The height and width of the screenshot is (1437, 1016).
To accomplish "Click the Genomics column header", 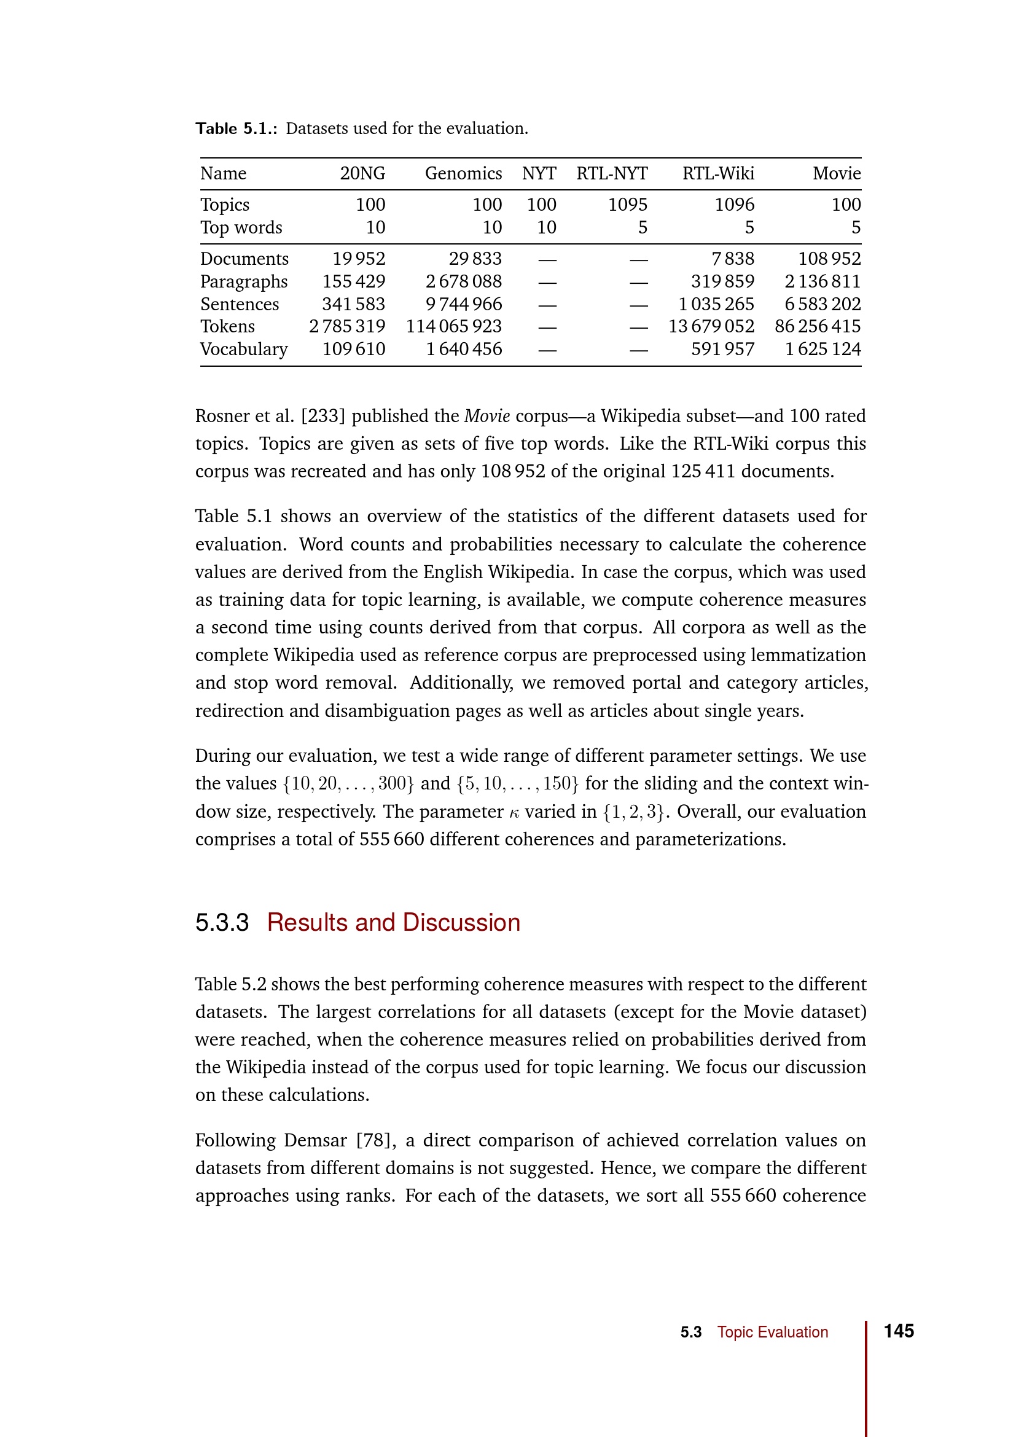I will (463, 173).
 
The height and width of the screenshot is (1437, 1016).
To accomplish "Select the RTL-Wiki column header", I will (717, 173).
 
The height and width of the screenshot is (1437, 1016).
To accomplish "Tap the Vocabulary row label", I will (243, 349).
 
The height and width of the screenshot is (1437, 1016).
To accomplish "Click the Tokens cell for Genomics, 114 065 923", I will (453, 326).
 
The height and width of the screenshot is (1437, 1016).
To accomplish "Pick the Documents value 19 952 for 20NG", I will (359, 259).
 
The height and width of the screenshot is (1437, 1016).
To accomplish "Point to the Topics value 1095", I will (628, 205).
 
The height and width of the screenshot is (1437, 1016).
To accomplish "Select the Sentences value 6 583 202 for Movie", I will (822, 304).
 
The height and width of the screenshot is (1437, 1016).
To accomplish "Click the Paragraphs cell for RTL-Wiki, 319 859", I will (722, 281).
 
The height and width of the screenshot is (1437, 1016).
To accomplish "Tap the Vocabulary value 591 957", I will (722, 349).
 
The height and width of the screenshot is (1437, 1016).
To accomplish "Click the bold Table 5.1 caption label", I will (236, 129).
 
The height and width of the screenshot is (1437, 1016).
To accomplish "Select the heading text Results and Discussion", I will (394, 923).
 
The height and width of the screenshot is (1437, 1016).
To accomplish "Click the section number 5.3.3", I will (222, 923).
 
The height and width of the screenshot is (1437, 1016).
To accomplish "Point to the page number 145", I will (899, 1331).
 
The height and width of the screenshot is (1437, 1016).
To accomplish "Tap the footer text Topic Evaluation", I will (772, 1333).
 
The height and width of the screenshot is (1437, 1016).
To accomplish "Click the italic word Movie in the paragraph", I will (487, 416).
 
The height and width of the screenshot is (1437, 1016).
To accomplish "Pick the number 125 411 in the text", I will (703, 471).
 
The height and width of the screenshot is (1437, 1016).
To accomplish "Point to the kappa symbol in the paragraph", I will (514, 813).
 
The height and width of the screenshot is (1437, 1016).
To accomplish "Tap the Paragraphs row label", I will (243, 281).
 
